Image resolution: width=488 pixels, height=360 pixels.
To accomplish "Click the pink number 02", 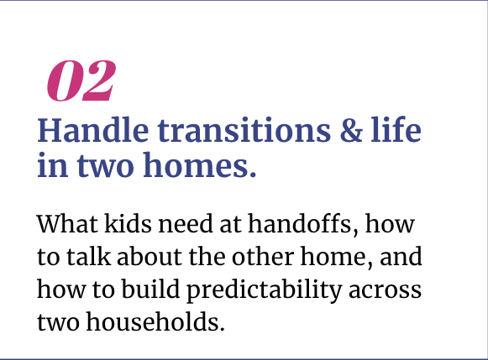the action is coord(81,81).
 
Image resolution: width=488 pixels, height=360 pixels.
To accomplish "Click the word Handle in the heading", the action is coord(92,130).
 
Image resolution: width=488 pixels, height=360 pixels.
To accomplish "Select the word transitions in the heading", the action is coord(244,131).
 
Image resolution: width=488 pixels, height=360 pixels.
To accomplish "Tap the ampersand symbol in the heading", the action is coord(351,130).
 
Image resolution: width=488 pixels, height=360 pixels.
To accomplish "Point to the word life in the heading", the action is coord(396,129).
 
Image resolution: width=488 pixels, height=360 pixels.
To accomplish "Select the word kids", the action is coord(128,223).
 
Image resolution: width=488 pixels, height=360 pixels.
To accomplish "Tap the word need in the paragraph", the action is coord(186,223).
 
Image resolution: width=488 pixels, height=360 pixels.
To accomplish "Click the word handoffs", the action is coord(303,223).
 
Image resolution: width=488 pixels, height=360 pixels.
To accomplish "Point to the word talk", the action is coord(89,256).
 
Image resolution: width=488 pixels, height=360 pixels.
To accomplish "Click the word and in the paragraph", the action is coord(401,256).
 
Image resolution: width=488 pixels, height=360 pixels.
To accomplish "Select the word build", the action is coord(150,289).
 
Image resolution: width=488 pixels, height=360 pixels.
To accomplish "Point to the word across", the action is coord(385,291).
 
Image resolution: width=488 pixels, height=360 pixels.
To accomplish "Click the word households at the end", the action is coord(155,321).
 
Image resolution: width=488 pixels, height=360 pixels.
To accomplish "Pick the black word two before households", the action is coord(58,323).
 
